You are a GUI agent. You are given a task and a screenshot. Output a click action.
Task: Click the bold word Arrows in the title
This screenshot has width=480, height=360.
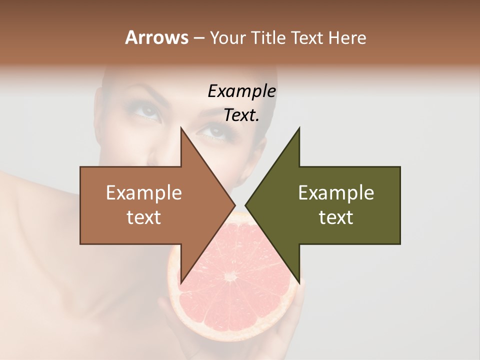(156, 37)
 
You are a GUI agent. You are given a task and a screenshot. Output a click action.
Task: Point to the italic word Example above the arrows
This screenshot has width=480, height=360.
(241, 91)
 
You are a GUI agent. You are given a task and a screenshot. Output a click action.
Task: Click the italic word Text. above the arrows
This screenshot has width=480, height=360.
(241, 115)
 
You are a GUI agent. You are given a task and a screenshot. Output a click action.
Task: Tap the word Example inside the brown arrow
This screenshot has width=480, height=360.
(143, 193)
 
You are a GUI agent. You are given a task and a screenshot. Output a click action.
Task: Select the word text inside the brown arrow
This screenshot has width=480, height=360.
(143, 217)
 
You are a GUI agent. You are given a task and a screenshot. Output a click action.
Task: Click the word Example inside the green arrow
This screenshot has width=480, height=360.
(336, 193)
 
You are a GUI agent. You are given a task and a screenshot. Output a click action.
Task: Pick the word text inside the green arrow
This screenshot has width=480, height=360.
(336, 217)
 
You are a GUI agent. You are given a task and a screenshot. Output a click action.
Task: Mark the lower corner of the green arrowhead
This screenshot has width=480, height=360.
(299, 281)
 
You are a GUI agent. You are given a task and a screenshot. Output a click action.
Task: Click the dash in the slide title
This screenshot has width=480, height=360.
(198, 38)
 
